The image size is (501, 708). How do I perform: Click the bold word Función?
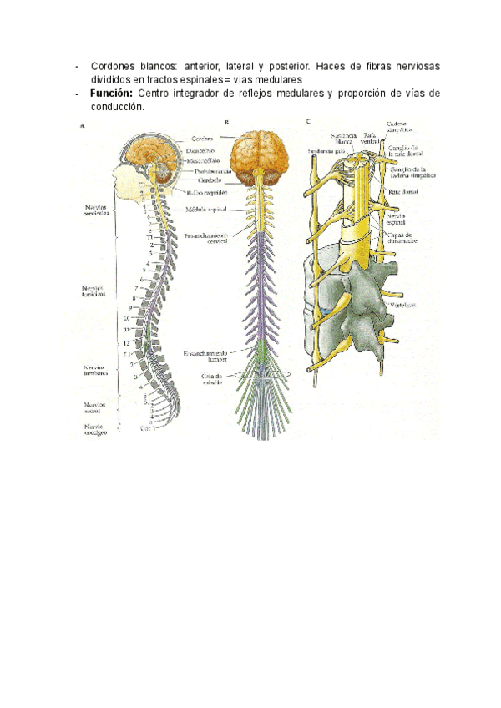[x=112, y=94]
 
